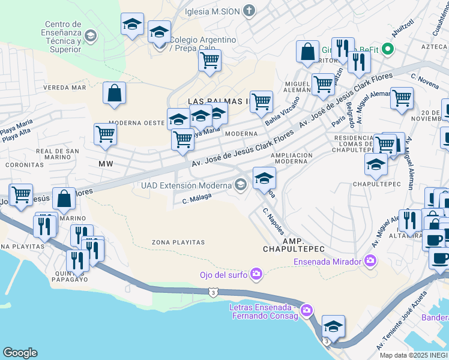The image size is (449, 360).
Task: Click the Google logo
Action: click(20, 353)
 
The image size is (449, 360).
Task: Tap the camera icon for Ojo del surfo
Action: click(256, 275)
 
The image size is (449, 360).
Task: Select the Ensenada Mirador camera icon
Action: click(370, 261)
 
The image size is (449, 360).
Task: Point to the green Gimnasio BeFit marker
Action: click(388, 49)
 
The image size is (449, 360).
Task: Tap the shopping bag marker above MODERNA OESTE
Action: click(114, 94)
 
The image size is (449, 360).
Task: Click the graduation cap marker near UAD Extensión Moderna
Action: click(264, 178)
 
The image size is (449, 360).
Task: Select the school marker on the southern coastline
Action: click(333, 326)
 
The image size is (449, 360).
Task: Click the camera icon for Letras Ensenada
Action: click(307, 310)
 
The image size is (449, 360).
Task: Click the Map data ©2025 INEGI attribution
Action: click(413, 355)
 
